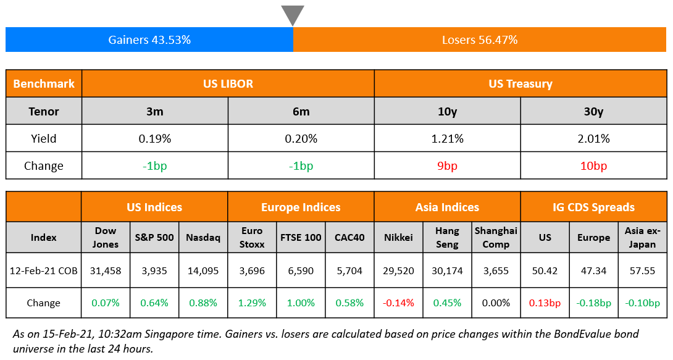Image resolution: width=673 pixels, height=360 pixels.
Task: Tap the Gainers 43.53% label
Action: tap(149, 40)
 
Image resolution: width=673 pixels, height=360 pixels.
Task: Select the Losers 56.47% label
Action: tap(480, 40)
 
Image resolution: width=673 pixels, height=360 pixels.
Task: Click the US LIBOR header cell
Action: tap(228, 83)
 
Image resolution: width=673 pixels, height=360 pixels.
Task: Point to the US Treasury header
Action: tap(520, 83)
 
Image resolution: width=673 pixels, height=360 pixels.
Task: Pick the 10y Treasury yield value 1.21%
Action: tap(447, 138)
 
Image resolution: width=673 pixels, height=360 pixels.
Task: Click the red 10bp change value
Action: tap(593, 165)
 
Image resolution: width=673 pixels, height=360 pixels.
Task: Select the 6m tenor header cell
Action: tap(301, 111)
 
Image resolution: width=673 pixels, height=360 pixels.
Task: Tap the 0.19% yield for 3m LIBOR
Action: tap(154, 138)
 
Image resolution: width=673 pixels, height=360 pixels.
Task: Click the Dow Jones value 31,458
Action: tap(106, 270)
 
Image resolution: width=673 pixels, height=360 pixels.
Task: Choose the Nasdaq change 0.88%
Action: tap(203, 303)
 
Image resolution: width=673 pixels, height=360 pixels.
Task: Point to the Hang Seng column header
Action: tap(447, 237)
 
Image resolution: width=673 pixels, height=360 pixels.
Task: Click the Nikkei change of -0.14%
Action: tap(398, 303)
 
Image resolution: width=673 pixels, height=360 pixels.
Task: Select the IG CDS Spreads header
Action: tap(593, 207)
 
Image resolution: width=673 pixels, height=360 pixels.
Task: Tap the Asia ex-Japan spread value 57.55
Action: tap(642, 270)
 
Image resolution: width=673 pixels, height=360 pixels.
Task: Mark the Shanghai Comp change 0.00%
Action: tap(496, 303)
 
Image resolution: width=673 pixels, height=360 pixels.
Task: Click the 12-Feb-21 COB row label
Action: tap(43, 270)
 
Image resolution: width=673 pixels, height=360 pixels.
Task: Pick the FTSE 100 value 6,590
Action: tap(301, 270)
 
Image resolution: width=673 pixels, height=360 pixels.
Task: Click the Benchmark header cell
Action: tap(43, 83)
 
